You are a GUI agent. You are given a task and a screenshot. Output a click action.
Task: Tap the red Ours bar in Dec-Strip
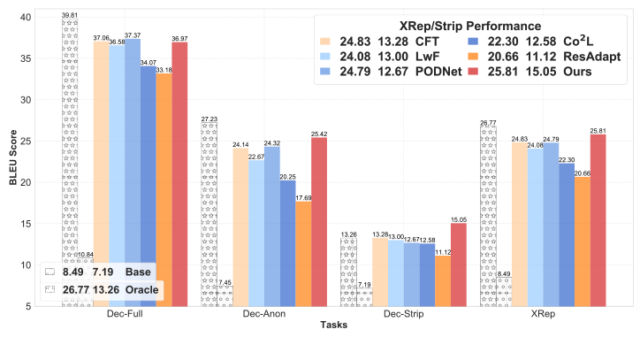point(458,264)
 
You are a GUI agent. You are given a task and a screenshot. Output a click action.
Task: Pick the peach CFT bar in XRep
point(520,225)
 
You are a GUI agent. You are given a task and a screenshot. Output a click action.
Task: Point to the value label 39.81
point(70,15)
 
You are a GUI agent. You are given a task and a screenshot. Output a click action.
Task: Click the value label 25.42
point(319,133)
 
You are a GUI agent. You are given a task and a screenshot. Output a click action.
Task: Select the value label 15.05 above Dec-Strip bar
point(458,218)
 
